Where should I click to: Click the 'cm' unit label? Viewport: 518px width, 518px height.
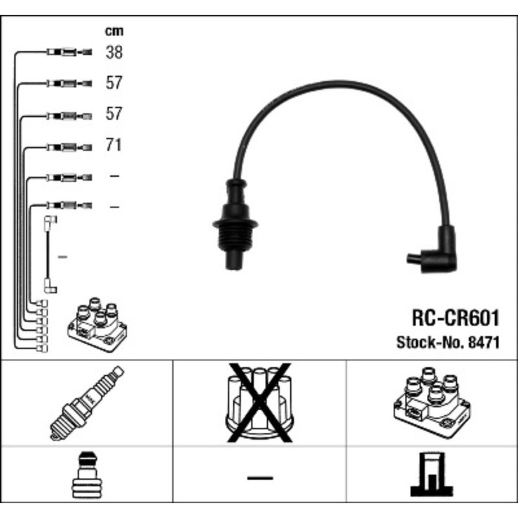114,31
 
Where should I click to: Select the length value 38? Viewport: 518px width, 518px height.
114,53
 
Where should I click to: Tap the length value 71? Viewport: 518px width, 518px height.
113,146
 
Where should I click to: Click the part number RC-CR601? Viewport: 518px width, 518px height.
454,318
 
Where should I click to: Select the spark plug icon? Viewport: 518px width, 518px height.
87,403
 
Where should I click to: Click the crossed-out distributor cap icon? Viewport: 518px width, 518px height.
258,403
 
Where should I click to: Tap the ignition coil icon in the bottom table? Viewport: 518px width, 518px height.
431,403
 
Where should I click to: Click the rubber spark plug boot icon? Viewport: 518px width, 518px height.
87,474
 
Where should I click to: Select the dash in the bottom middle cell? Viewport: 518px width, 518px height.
259,477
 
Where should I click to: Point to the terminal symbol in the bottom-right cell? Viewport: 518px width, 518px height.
431,474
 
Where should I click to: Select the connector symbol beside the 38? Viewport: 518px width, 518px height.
69,53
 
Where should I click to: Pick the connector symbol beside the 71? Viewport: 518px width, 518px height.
69,147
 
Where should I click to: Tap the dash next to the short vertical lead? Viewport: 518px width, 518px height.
63,257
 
